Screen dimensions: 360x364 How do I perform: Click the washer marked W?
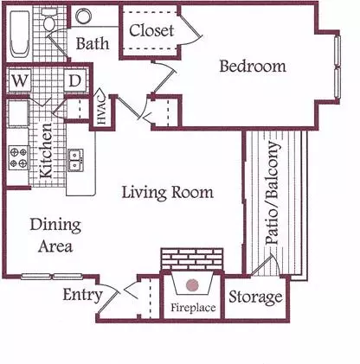[x=19, y=80]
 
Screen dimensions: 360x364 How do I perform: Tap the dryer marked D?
[x=75, y=80]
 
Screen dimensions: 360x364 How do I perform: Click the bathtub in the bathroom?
[x=20, y=35]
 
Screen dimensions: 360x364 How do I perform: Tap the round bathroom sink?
[x=84, y=16]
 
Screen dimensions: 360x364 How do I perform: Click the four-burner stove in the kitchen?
[x=19, y=157]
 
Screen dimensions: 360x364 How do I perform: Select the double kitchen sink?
[x=75, y=161]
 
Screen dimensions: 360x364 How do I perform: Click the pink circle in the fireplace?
[x=192, y=285]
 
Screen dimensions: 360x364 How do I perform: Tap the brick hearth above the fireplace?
[x=192, y=259]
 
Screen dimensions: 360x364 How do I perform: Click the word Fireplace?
[x=193, y=308]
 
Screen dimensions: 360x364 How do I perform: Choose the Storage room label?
[x=255, y=297]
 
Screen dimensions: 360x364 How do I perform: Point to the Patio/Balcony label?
[x=273, y=193]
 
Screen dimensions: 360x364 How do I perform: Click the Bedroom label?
[x=253, y=66]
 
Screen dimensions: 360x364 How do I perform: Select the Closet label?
[x=151, y=30]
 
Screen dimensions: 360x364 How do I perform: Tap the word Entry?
[x=83, y=295]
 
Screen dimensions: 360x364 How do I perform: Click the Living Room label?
[x=168, y=193]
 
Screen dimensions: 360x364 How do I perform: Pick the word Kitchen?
[x=46, y=150]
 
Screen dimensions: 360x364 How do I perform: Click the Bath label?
[x=93, y=43]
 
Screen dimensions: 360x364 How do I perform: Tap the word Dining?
[x=55, y=226]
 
